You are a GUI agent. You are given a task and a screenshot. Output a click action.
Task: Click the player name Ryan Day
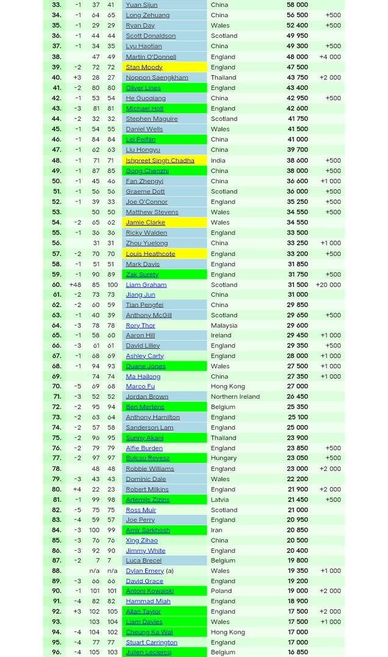coord(140,26)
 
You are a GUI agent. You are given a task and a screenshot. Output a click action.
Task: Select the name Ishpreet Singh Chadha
coord(159,160)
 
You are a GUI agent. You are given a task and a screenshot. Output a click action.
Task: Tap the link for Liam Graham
coord(146,285)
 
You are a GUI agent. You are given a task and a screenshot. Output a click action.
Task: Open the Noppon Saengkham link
coord(156,78)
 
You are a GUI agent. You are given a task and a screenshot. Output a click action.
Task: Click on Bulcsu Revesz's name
coord(147,458)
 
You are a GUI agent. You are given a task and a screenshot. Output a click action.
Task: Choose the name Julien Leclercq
coord(148,652)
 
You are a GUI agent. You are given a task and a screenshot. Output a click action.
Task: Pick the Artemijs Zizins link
coord(147,499)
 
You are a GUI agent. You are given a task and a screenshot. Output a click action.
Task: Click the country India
coord(218,160)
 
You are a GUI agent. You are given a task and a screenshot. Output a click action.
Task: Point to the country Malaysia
coord(224,325)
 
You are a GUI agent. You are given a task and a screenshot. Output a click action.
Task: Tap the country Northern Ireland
coord(235,396)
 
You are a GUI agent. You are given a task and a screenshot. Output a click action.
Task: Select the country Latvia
coord(220,499)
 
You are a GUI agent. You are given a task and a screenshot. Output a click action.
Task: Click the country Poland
coord(221,591)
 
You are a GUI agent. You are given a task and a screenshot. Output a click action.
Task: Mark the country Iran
coord(216,530)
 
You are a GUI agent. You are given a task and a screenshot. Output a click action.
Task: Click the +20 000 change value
coord(328,285)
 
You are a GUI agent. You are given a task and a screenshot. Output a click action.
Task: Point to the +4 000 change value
coord(330,57)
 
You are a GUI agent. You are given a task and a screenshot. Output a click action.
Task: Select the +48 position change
coord(74,285)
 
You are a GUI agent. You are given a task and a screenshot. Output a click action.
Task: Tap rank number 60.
coord(56,285)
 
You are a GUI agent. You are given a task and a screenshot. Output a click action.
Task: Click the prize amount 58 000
coord(297,5)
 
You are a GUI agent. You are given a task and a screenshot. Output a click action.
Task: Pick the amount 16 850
coord(298,652)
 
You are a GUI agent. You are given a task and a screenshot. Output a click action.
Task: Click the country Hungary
coord(223,458)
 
